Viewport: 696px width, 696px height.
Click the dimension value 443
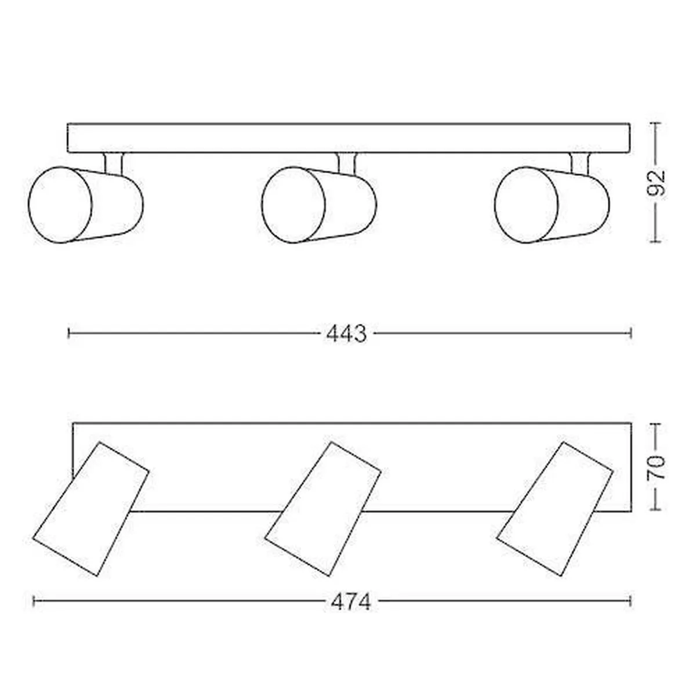(x=346, y=333)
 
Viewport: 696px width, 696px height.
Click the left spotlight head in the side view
(x=86, y=205)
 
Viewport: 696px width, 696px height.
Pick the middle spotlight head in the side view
(x=319, y=205)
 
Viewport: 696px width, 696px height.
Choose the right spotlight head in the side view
(x=552, y=205)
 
